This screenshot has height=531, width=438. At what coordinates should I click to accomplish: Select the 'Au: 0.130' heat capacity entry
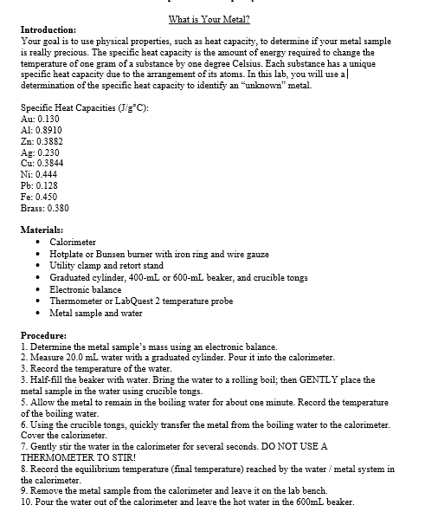tap(40, 118)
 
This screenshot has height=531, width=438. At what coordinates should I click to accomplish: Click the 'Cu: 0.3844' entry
tap(42, 163)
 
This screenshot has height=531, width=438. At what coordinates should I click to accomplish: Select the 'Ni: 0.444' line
tap(39, 174)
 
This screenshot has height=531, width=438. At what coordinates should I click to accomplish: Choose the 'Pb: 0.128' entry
tap(40, 185)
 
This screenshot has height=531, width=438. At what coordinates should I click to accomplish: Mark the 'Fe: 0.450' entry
tap(39, 197)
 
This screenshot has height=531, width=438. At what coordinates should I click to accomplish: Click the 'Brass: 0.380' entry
tap(45, 208)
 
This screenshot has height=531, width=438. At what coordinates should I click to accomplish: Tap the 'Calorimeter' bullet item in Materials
tap(73, 242)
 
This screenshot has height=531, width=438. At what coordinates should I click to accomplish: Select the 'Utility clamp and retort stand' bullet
tap(106, 265)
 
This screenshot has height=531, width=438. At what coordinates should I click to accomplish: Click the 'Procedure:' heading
tap(44, 335)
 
